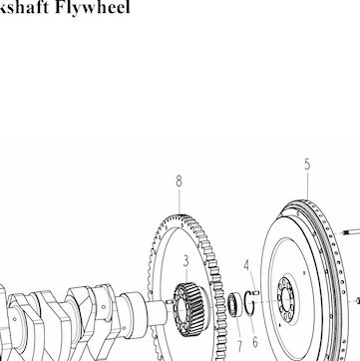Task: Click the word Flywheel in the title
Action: (x=92, y=7)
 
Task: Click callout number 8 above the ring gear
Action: (x=180, y=181)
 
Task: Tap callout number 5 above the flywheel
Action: (x=307, y=165)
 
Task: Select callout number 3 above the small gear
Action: (x=185, y=261)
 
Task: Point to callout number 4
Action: (x=246, y=265)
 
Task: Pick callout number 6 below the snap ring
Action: (x=255, y=342)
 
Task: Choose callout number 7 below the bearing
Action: (x=239, y=346)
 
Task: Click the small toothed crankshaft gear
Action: (x=188, y=309)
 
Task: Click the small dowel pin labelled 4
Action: (x=256, y=292)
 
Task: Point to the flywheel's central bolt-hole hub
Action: (x=286, y=300)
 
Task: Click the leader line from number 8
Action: (x=180, y=201)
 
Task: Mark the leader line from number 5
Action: (x=308, y=186)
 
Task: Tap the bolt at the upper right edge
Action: (x=352, y=231)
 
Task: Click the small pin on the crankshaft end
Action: (x=169, y=302)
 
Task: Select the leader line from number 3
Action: (x=186, y=275)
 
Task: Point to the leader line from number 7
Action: (x=237, y=328)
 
